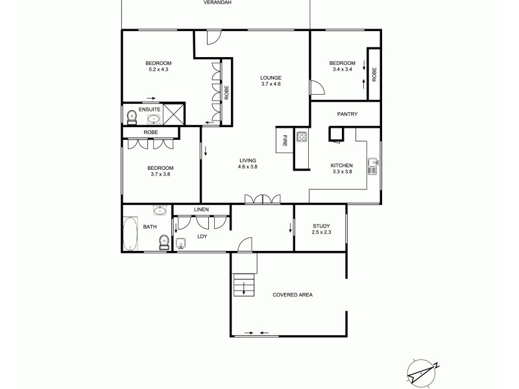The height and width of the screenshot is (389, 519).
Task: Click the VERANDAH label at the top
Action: [x=217, y=3]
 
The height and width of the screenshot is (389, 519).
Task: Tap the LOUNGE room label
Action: [x=271, y=77]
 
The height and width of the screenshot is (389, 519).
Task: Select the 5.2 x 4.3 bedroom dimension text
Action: [x=158, y=69]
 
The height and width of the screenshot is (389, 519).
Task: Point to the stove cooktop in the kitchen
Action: [x=302, y=137]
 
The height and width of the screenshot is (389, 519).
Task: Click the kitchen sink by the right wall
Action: [x=373, y=167]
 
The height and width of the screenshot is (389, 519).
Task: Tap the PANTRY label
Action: [x=347, y=114]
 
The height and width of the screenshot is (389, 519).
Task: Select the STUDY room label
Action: [x=321, y=226]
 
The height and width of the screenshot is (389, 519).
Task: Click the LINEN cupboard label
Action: [x=200, y=209]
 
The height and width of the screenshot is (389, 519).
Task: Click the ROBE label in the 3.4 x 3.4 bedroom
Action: [x=374, y=75]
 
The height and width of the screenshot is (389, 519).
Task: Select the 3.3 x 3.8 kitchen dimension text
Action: [x=341, y=172]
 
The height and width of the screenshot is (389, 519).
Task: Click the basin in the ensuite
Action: [x=152, y=119]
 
